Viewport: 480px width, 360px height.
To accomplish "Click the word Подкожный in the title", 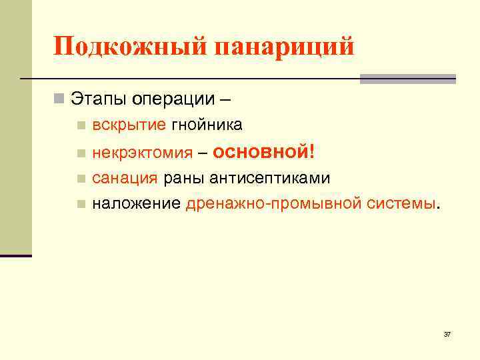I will [x=129, y=47].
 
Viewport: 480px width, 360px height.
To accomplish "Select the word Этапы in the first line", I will [x=99, y=99].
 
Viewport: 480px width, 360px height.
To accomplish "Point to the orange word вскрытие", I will [x=129, y=125].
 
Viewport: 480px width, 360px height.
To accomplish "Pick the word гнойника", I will [x=207, y=125].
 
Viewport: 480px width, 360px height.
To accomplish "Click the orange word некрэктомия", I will [x=141, y=153].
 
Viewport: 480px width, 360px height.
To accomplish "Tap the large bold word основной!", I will [x=263, y=151].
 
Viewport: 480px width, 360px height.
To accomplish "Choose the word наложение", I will [x=136, y=203].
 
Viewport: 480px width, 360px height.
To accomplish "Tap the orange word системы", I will [x=399, y=203].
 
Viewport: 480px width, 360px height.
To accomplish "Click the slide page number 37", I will [x=447, y=334].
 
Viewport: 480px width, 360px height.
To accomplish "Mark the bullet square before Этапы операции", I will [x=59, y=100].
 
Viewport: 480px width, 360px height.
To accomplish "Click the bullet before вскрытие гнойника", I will [x=81, y=125].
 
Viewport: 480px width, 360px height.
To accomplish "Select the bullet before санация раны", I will [x=81, y=179].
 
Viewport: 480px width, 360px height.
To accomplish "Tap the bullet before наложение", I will [x=81, y=204].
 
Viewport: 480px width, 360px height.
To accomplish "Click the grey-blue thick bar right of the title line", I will [x=407, y=79].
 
